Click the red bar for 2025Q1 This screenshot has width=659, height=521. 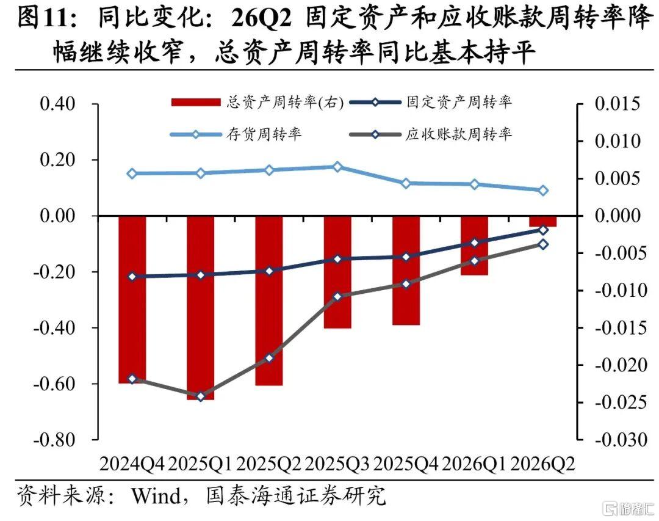tap(201, 308)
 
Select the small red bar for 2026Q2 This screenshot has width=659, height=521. tap(542, 221)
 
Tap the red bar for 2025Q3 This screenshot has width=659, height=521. tap(337, 272)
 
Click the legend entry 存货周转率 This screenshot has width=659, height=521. tap(236, 134)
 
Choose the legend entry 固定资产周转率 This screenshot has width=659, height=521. tap(430, 102)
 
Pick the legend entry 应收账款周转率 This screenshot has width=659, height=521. tap(430, 134)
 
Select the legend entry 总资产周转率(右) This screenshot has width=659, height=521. tap(257, 102)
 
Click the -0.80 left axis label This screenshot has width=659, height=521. tap(54, 440)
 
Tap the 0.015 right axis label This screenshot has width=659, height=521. tap(618, 103)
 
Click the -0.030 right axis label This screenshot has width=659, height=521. tap(621, 440)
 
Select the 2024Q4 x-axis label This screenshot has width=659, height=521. tap(132, 464)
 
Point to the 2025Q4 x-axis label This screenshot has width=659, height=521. tap(406, 464)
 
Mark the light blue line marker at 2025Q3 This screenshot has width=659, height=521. tap(337, 167)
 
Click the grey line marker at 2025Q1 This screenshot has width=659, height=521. tap(201, 396)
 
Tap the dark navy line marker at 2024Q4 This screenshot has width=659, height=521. tap(132, 277)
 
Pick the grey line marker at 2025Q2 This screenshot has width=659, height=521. tap(270, 358)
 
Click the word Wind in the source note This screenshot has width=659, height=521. tap(156, 495)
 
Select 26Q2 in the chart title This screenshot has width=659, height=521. tap(261, 18)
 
